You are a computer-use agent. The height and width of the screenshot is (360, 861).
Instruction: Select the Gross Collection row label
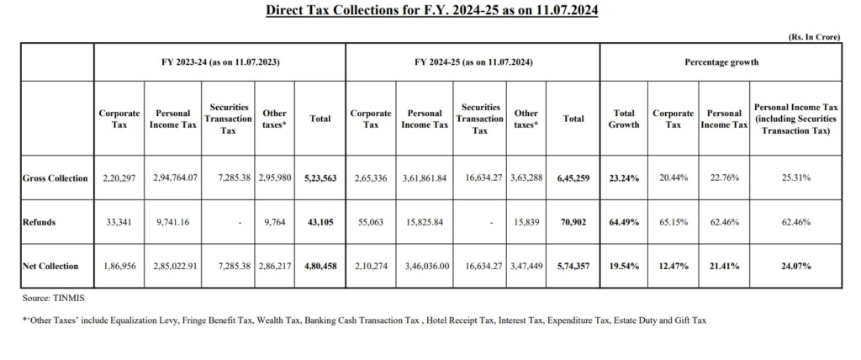click(56, 178)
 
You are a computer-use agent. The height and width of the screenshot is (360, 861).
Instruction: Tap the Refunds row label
click(39, 222)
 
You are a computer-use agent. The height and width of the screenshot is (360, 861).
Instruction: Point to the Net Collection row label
click(51, 266)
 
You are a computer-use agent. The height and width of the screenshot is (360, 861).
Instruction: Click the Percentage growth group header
click(721, 62)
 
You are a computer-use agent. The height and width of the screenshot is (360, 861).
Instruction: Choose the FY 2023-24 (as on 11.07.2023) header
click(220, 62)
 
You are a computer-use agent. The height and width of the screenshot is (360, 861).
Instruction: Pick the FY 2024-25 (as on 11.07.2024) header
click(473, 62)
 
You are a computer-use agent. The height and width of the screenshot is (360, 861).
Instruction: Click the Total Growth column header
click(625, 119)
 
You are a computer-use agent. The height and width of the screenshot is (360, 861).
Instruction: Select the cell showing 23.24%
click(625, 178)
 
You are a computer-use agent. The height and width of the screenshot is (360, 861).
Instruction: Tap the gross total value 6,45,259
click(573, 178)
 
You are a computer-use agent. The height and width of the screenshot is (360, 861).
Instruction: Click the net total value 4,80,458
click(320, 266)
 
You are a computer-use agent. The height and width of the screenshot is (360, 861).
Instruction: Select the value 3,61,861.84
click(425, 178)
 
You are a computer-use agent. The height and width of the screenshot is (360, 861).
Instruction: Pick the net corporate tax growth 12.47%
click(673, 266)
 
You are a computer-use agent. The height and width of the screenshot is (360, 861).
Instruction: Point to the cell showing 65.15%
click(673, 222)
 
